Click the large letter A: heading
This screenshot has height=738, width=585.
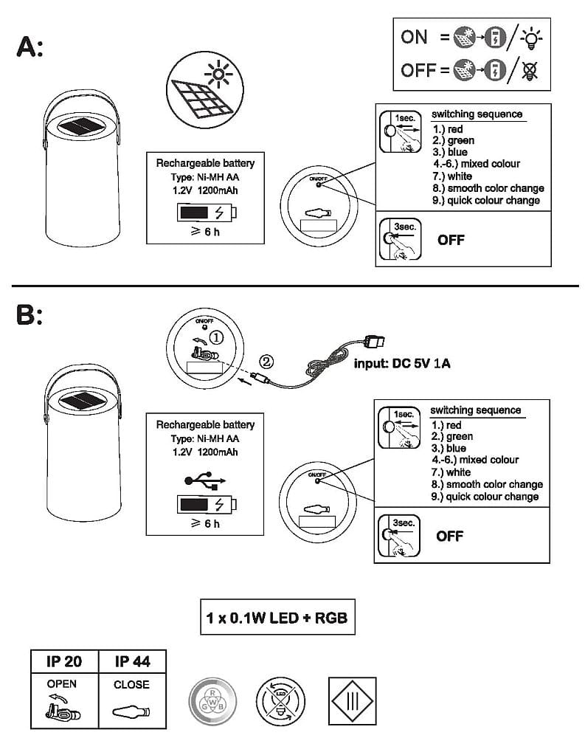click(30, 47)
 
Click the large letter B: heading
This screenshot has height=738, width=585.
click(30, 314)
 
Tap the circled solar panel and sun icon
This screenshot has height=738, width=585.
click(205, 89)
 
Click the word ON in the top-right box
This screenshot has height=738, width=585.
click(414, 37)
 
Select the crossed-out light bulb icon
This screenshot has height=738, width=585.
click(530, 70)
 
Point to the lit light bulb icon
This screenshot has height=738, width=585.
click(531, 38)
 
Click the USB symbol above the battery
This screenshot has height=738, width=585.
click(205, 480)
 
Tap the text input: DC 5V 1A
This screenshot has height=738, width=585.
click(402, 363)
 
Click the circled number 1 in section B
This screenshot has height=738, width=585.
click(216, 337)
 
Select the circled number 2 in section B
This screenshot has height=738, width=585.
click(266, 362)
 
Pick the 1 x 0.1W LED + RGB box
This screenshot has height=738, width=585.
click(277, 617)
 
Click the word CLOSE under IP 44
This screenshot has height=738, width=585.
click(131, 684)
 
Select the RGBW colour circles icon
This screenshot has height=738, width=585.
click(212, 701)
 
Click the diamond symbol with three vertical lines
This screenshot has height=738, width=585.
click(352, 701)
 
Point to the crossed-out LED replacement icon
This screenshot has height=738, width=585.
click(280, 701)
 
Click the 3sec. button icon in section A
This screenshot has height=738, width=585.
click(400, 239)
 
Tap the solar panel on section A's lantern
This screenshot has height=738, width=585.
click(80, 126)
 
